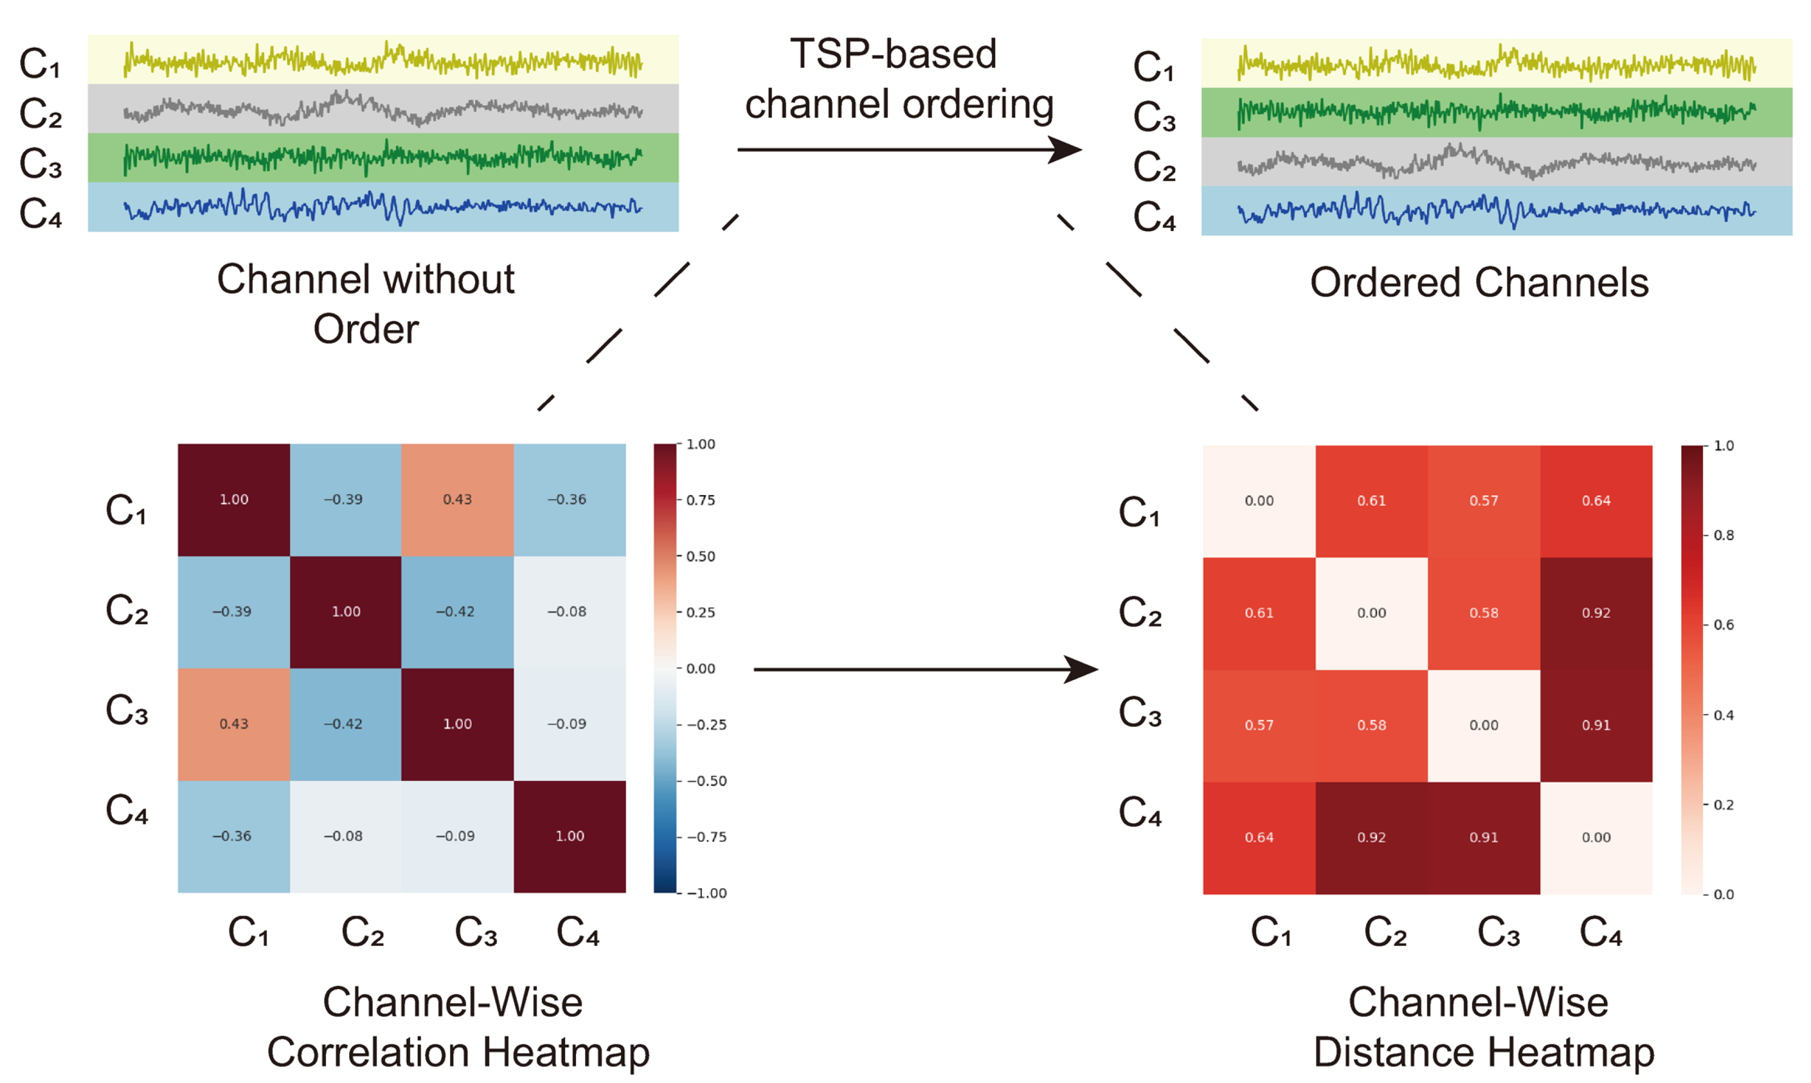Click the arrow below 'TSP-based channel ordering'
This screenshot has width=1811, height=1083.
908,150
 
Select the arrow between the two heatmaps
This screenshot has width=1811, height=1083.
925,669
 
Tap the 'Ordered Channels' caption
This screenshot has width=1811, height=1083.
1479,283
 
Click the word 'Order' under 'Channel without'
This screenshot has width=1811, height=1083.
366,329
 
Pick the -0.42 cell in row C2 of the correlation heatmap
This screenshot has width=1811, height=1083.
457,612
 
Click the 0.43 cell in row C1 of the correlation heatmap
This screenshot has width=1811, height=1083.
457,499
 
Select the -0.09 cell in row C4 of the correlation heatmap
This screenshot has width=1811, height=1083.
457,836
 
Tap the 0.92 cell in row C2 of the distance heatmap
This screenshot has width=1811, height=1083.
1596,613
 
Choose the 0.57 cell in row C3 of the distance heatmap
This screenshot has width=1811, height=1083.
1259,726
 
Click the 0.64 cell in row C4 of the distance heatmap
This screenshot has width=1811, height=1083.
1259,838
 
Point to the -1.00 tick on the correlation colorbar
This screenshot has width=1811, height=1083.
706,893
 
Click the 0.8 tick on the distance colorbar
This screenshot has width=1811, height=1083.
1724,536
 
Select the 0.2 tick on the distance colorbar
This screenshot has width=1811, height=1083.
1724,805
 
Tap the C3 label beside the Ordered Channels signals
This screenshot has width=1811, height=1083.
1154,117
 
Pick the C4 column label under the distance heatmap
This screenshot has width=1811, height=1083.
1600,933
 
